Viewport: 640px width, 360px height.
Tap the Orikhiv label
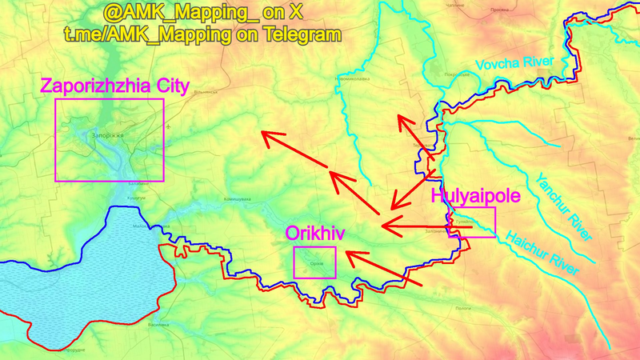(315, 233)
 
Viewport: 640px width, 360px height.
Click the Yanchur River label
(564, 207)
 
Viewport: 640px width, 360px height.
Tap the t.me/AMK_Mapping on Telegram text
(202, 34)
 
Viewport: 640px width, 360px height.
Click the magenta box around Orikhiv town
(314, 262)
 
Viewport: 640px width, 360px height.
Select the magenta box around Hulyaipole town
(474, 222)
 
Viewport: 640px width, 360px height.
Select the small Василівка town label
(158, 325)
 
